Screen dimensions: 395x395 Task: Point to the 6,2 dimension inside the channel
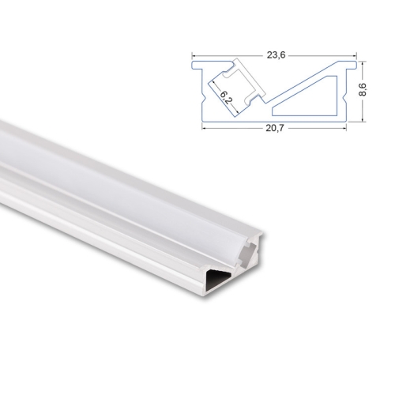[226, 98]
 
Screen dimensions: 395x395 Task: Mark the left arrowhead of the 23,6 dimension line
[194, 61]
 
